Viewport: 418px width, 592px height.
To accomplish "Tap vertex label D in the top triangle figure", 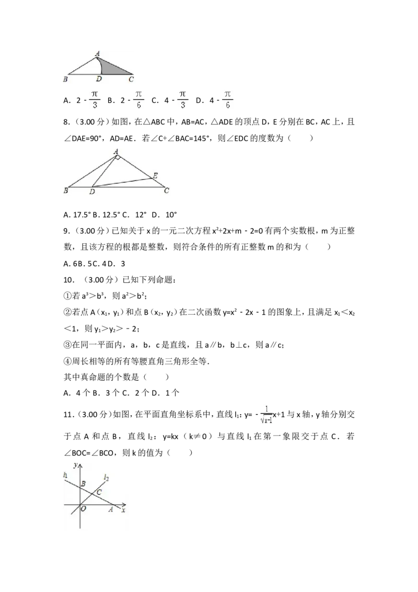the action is pyautogui.click(x=99, y=79).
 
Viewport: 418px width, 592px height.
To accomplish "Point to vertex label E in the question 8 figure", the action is pyautogui.click(x=155, y=176).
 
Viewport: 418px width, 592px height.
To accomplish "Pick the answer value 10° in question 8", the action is pyautogui.click(x=171, y=215).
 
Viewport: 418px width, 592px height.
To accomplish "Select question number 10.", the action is pyautogui.click(x=68, y=280).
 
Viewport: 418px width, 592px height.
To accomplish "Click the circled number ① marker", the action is pyautogui.click(x=67, y=296).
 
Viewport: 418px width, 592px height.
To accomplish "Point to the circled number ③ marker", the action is pyautogui.click(x=67, y=345).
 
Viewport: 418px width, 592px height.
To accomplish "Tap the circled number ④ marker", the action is pyautogui.click(x=67, y=361).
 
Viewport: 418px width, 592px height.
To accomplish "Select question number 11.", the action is pyautogui.click(x=68, y=415).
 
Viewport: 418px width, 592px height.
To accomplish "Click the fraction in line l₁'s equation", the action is pyautogui.click(x=266, y=415).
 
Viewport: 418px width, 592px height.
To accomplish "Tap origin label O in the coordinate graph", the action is pyautogui.click(x=84, y=508).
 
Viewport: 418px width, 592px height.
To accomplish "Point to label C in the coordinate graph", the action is pyautogui.click(x=99, y=492).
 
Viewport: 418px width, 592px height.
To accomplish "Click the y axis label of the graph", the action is pyautogui.click(x=75, y=465).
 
